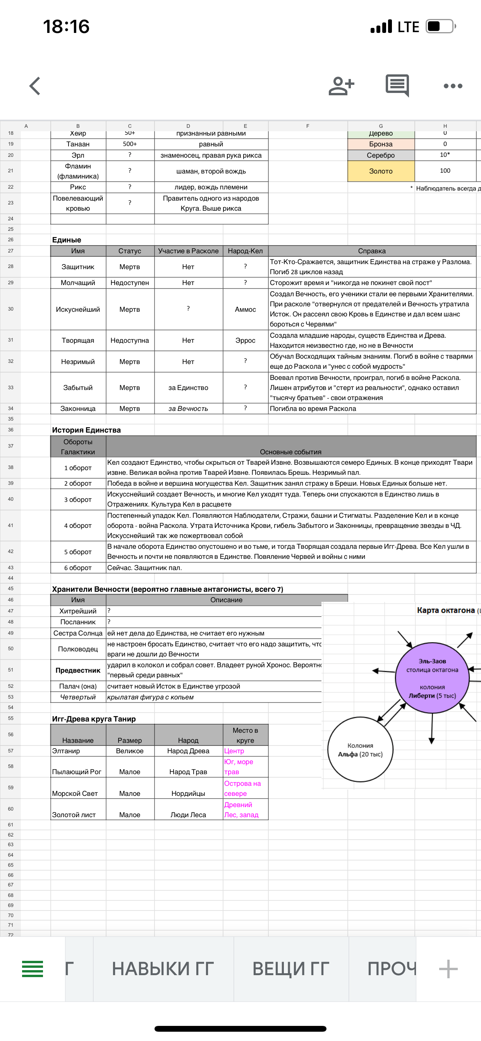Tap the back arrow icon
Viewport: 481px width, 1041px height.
35,86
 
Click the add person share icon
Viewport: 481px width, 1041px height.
341,86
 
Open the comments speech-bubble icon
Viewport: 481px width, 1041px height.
397,85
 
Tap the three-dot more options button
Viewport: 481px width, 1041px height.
453,86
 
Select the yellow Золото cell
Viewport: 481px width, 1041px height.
381,171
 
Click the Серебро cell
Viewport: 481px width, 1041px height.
381,155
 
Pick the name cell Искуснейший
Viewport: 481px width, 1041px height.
78,309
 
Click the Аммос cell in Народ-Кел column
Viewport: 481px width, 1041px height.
246,309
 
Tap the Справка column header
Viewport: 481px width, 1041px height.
372,251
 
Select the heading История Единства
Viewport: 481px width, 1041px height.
86,430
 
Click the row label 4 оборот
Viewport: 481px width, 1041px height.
78,526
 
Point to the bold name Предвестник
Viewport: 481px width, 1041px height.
78,670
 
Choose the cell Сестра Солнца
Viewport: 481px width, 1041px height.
78,633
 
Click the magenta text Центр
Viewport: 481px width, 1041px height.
234,751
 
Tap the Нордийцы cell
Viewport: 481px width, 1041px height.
188,793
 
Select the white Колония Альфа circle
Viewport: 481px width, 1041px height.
360,750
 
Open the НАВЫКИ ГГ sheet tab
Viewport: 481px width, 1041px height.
163,969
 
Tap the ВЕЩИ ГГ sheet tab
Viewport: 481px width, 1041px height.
291,969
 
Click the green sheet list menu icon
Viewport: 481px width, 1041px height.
32,969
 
